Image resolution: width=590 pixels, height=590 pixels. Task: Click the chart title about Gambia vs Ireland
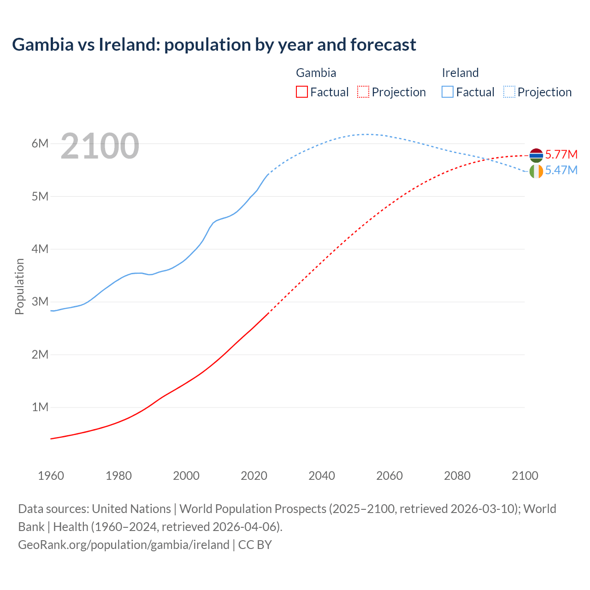(x=214, y=45)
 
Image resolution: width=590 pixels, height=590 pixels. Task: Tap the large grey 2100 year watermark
(x=100, y=146)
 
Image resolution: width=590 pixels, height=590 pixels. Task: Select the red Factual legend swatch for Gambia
(x=301, y=92)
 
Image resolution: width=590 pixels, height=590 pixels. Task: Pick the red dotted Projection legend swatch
(x=363, y=92)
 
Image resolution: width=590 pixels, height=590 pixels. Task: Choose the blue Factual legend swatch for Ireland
(x=447, y=92)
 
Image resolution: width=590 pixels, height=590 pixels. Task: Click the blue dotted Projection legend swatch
(x=509, y=92)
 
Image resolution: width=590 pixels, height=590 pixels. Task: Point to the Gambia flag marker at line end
(x=536, y=155)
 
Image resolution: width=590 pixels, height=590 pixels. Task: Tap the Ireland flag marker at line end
(x=536, y=171)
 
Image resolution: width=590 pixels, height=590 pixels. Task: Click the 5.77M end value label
(x=561, y=154)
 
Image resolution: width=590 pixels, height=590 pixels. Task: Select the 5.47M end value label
(x=561, y=170)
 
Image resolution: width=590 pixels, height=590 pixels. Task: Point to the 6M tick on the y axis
(x=40, y=143)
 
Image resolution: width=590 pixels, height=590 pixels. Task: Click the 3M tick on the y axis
(x=40, y=302)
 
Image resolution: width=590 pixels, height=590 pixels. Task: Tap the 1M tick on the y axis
(x=40, y=407)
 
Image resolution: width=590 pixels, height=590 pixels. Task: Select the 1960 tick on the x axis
(x=51, y=476)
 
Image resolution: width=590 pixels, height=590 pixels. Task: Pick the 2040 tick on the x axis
(x=322, y=476)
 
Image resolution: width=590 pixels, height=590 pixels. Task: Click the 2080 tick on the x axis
(x=457, y=476)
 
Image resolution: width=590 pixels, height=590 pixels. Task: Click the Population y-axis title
(x=19, y=286)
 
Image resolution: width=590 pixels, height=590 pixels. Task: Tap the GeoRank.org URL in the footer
(x=124, y=545)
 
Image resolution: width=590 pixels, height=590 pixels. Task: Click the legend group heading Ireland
(x=460, y=73)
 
